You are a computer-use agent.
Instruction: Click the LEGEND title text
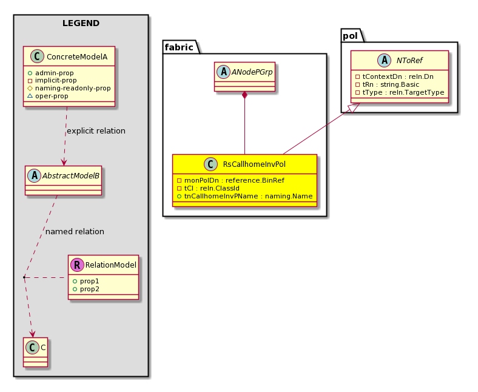point(81,23)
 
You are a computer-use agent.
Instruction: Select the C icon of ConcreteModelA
point(38,56)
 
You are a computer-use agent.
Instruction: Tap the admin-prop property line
point(50,73)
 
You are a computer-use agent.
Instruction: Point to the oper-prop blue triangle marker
point(30,96)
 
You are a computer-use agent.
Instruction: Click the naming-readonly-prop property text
point(73,88)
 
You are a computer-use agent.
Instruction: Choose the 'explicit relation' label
point(96,131)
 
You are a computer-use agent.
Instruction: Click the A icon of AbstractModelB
point(34,175)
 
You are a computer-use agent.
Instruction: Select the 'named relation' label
point(75,232)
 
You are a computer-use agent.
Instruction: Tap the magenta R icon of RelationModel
point(77,265)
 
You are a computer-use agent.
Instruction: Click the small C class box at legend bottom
point(35,352)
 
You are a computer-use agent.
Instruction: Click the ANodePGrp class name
point(252,72)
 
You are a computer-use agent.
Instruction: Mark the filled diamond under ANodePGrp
point(244,95)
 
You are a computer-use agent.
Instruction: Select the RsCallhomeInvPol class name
point(254,164)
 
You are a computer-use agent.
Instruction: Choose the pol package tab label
point(350,36)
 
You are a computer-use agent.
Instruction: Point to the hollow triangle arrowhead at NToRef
point(354,107)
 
